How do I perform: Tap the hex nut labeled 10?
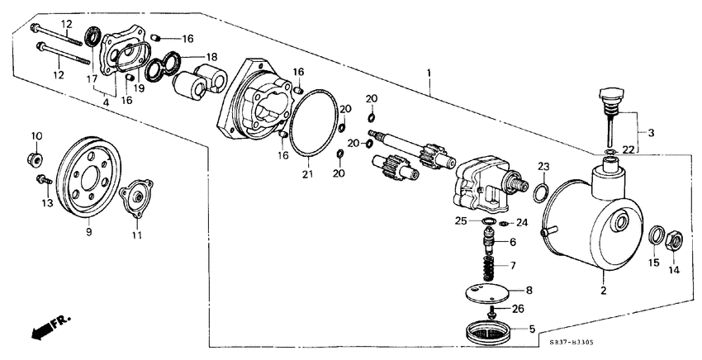coord(37,156)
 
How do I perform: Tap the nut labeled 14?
coord(673,240)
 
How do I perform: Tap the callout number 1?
coord(429,74)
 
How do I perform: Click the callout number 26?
coord(518,310)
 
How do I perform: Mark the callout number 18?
coord(211,56)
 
